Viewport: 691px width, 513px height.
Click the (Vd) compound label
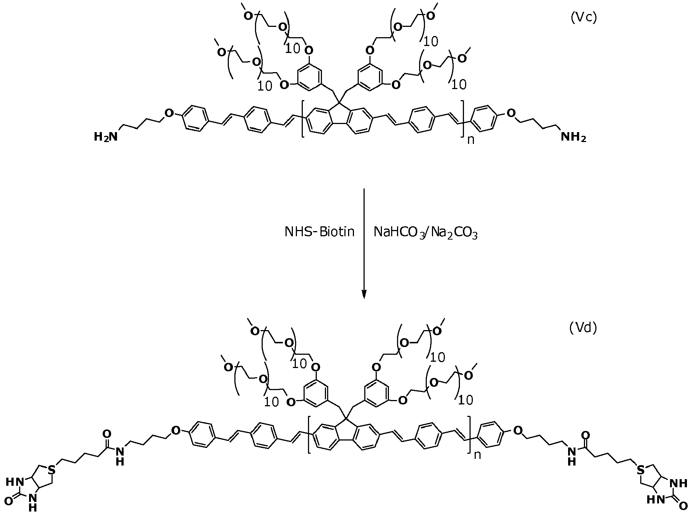[x=583, y=328]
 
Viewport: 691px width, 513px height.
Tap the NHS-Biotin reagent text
[x=319, y=232]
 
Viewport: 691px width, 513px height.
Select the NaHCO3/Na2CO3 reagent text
[x=425, y=233]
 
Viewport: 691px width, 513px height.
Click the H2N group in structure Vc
[x=106, y=137]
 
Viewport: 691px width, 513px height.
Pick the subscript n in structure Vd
[x=477, y=455]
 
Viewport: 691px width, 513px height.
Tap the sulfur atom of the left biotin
[x=52, y=470]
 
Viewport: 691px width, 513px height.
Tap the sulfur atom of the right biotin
[x=641, y=470]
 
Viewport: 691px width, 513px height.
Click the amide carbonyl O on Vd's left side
[x=107, y=435]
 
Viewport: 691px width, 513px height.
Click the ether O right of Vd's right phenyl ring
[x=517, y=430]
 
